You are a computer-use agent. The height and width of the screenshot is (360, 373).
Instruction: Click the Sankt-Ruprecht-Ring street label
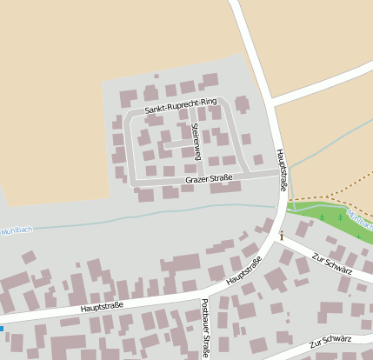coord(180,107)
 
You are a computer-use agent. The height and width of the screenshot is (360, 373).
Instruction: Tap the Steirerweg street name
coord(196,141)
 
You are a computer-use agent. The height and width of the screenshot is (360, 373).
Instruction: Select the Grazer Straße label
coord(209,180)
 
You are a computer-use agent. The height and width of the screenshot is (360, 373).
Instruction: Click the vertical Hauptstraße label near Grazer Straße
coord(282,169)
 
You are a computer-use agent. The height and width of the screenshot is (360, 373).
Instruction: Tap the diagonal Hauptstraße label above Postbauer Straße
coord(243,275)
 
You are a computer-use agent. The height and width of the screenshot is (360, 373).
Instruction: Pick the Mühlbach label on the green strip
coord(358,218)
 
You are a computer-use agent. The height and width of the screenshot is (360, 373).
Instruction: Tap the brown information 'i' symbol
coord(281,236)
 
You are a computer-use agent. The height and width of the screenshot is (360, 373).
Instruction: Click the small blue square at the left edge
coord(1,329)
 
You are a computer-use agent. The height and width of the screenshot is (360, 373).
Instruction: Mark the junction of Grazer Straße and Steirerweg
coord(202,178)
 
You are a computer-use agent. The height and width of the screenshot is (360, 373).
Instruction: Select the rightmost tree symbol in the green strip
coord(357,236)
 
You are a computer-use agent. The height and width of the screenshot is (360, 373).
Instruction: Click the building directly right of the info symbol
coord(303,229)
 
